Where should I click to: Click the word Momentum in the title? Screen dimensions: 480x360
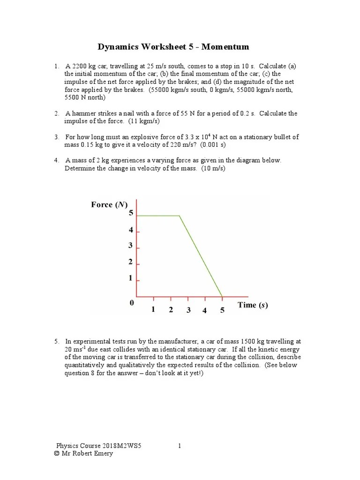pyautogui.click(x=226, y=47)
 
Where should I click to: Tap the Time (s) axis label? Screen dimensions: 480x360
pyautogui.click(x=253, y=305)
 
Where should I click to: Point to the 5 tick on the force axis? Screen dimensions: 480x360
pyautogui.click(x=131, y=213)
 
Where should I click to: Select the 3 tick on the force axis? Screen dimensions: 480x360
pyautogui.click(x=131, y=246)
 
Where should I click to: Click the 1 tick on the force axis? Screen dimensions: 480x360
pyautogui.click(x=131, y=278)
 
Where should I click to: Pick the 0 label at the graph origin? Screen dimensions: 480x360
pyautogui.click(x=132, y=303)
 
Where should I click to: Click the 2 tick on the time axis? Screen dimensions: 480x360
pyautogui.click(x=171, y=309)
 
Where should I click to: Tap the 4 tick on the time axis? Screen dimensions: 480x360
pyautogui.click(x=204, y=310)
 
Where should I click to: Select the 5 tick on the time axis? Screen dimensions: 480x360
pyautogui.click(x=222, y=310)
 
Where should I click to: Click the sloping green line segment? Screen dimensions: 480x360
pyautogui.click(x=201, y=256)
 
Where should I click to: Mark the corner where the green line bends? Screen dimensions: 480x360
pyautogui.click(x=180, y=216)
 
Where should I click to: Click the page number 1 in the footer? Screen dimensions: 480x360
pyautogui.click(x=180, y=446)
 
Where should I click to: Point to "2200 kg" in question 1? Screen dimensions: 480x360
pyautogui.click(x=84, y=67)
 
